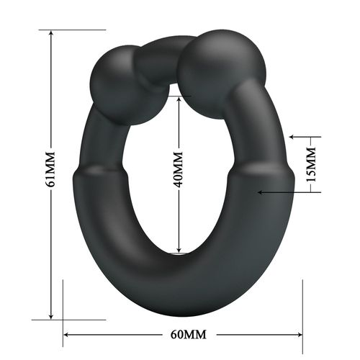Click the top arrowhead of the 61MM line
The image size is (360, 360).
coord(51,35)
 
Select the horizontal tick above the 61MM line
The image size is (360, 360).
coord(72,30)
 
